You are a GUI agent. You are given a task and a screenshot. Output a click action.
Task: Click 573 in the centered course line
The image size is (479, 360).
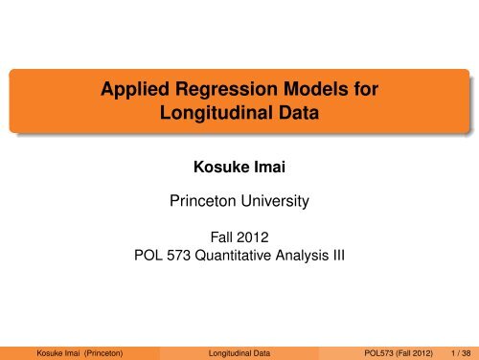click(183, 254)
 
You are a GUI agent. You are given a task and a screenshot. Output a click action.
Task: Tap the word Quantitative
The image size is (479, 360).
click(243, 254)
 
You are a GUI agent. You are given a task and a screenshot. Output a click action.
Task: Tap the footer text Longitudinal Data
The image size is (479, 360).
click(239, 349)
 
